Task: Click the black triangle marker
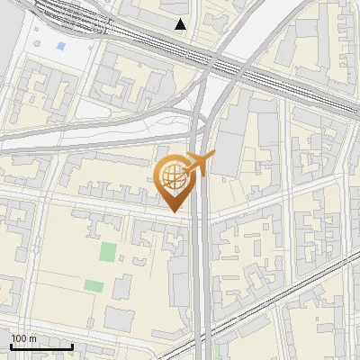[x=181, y=24]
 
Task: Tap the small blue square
[x=60, y=45]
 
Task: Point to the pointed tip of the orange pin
[x=173, y=211]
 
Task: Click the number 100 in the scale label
[x=20, y=337]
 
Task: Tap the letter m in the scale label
[x=33, y=337]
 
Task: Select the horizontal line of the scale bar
[x=41, y=346]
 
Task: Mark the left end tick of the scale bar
[x=11, y=345]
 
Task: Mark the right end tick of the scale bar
[x=73, y=345]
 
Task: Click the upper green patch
[x=108, y=252]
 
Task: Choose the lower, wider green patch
[x=94, y=286]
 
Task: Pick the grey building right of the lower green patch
[x=121, y=286]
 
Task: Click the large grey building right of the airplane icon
[x=229, y=148]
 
